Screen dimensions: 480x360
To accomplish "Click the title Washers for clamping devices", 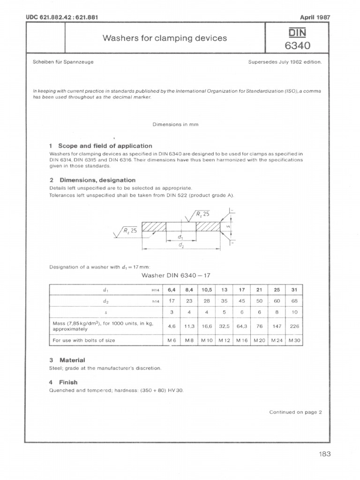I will point(165,38).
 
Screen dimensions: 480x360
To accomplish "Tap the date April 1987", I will point(315,17).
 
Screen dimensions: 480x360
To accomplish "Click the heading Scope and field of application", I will point(101,146).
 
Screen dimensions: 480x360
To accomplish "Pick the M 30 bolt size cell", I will point(294,340).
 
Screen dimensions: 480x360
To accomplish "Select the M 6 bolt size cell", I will point(171,340).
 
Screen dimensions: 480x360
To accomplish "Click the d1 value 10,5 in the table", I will point(206,289).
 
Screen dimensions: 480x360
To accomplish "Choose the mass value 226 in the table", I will point(294,326).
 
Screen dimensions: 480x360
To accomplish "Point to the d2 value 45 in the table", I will point(242,301).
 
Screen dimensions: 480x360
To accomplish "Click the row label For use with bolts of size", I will point(85,340).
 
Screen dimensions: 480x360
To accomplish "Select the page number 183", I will point(323,454).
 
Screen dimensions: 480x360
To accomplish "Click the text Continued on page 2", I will point(296,412).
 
